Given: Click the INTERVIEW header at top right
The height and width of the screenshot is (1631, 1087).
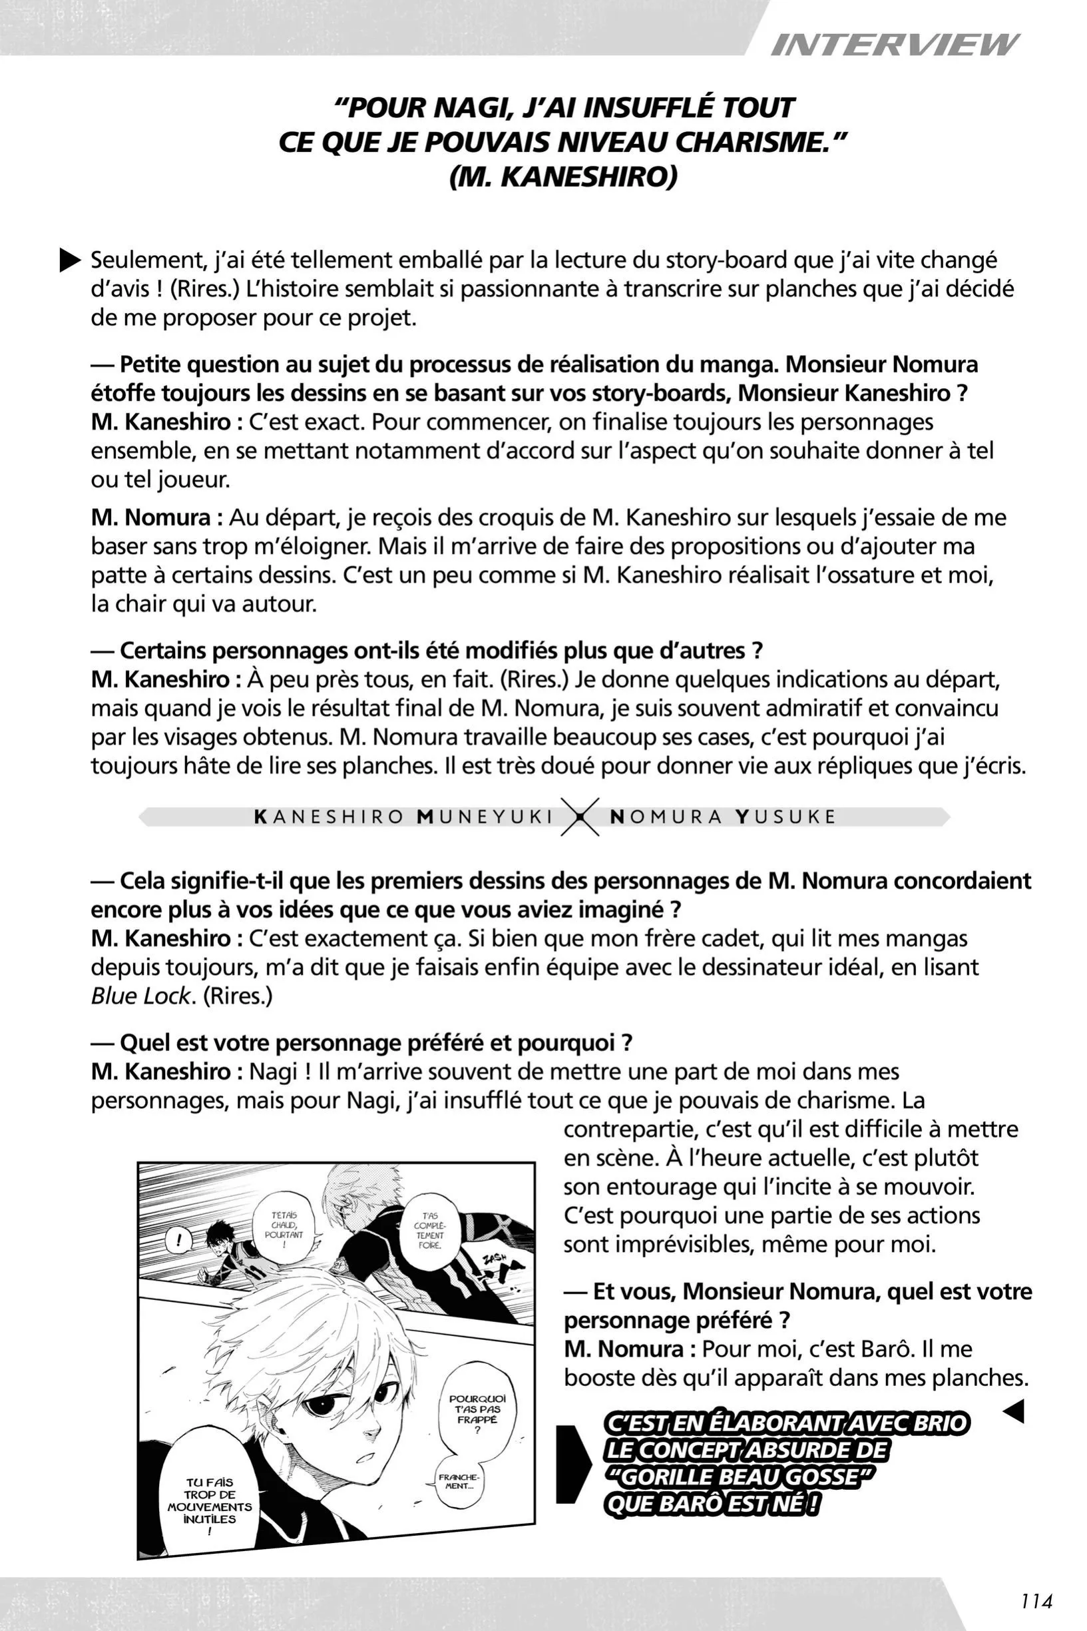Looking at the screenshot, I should (893, 45).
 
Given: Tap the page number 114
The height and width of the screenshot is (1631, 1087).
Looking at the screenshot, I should (1036, 1600).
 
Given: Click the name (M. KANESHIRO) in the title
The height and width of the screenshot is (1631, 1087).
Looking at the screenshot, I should (562, 178).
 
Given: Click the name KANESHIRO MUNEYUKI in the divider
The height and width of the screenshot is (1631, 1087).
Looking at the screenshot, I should (403, 817).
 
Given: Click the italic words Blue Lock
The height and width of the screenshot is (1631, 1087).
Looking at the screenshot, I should (140, 996).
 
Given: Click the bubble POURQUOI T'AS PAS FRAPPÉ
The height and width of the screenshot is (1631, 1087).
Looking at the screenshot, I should (478, 1411).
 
